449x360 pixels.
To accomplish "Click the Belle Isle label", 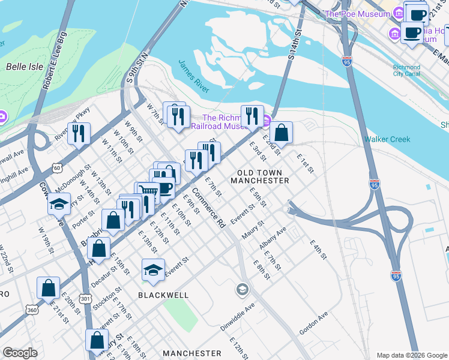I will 25,67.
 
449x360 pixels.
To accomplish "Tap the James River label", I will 193,76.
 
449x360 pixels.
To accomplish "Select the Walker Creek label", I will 387,139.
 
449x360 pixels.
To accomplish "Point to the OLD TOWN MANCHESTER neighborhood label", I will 260,176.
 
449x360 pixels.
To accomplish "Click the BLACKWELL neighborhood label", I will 163,295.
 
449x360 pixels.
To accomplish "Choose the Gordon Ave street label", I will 314,322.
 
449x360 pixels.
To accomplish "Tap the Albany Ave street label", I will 273,239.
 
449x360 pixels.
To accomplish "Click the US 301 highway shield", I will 85,298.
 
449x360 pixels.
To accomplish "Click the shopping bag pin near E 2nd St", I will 281,133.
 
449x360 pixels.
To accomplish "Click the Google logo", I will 20,353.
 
